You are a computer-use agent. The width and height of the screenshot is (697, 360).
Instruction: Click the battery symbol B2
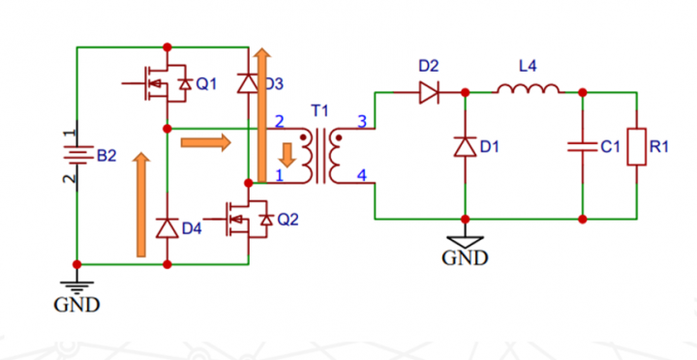tap(76, 154)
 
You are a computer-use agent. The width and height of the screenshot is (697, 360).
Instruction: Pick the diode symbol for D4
tap(167, 228)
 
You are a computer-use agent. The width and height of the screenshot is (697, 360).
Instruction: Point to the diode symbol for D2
tap(429, 93)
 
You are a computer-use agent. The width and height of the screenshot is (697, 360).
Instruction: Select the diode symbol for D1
tap(466, 147)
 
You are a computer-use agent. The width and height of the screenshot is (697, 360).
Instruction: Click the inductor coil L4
tap(528, 91)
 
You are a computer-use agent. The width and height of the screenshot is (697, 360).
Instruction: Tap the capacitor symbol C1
tap(583, 147)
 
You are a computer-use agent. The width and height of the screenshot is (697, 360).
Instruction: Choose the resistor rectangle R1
tap(636, 147)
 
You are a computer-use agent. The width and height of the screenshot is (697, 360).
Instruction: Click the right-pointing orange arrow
tap(206, 143)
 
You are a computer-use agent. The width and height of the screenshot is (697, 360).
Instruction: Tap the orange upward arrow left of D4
tap(142, 203)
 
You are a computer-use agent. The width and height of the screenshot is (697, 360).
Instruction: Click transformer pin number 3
tap(362, 121)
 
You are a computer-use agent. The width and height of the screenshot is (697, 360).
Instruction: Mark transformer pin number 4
tap(362, 175)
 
